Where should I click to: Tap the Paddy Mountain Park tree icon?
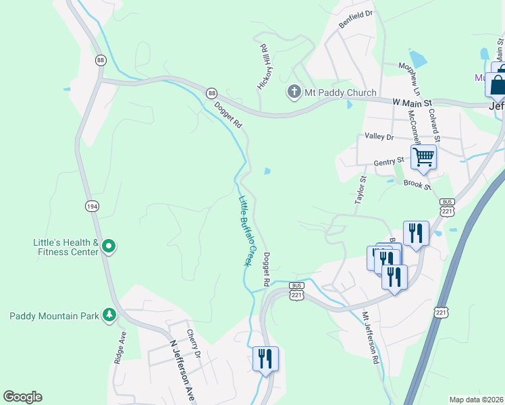(x=109, y=315)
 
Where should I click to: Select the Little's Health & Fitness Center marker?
(x=109, y=248)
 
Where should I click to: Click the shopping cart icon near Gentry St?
(x=423, y=157)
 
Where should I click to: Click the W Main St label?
(x=410, y=101)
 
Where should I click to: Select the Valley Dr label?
(x=379, y=136)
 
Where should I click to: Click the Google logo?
(x=22, y=397)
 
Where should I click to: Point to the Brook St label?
(x=416, y=184)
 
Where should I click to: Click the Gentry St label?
(x=389, y=161)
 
